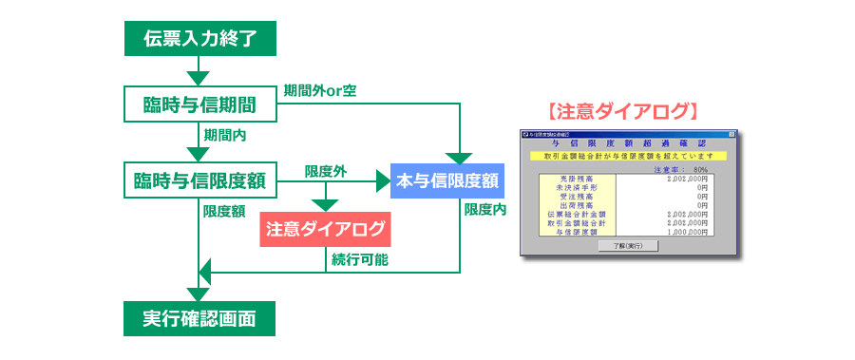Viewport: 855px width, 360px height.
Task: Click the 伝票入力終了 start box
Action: pyautogui.click(x=199, y=38)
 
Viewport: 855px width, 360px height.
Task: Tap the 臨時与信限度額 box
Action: pyautogui.click(x=199, y=179)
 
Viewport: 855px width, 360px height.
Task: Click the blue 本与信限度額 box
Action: pyautogui.click(x=446, y=179)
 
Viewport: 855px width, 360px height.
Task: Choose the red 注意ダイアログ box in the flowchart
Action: pyautogui.click(x=326, y=229)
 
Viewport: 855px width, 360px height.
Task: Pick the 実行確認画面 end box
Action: pyautogui.click(x=199, y=318)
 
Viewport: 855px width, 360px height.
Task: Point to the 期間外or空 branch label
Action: pyautogui.click(x=320, y=91)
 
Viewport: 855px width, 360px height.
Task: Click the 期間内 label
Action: pyautogui.click(x=225, y=135)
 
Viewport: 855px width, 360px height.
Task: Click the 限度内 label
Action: pyautogui.click(x=484, y=209)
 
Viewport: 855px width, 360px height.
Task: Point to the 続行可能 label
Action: pyautogui.click(x=359, y=259)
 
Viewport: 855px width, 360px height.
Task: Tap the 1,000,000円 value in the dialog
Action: pyautogui.click(x=691, y=231)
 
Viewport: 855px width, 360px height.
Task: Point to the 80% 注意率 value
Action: pyautogui.click(x=701, y=169)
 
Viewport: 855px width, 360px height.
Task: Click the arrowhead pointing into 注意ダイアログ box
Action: pyautogui.click(x=326, y=204)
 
